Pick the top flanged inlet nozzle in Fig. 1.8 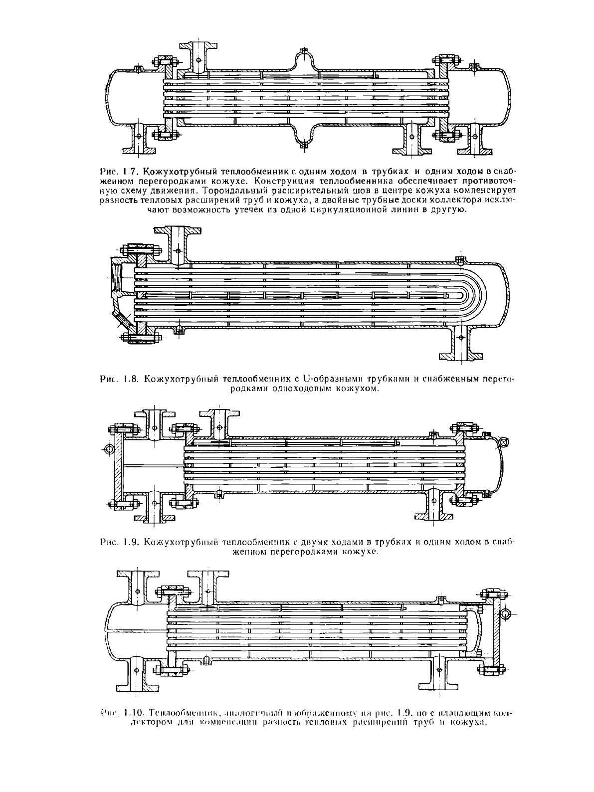coord(178,243)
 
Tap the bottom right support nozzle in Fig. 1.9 coord(432,506)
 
